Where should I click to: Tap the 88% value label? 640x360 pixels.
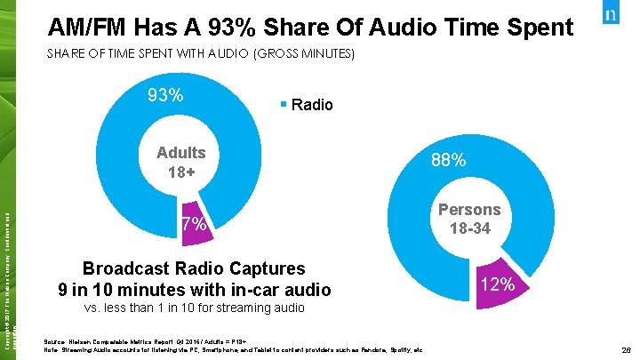(x=448, y=160)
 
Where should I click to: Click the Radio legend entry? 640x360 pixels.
(x=311, y=105)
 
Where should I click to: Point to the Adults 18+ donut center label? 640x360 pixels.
(x=180, y=161)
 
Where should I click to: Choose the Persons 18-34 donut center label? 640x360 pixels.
(x=468, y=220)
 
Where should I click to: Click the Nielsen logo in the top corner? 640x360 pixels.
(x=611, y=19)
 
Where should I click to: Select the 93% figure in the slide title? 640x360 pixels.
(x=254, y=27)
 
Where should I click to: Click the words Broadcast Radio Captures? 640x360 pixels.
(x=193, y=268)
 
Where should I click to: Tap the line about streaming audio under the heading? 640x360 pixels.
(x=193, y=308)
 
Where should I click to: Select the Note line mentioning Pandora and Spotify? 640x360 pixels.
(x=231, y=348)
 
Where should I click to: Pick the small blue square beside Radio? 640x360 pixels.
(x=282, y=104)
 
